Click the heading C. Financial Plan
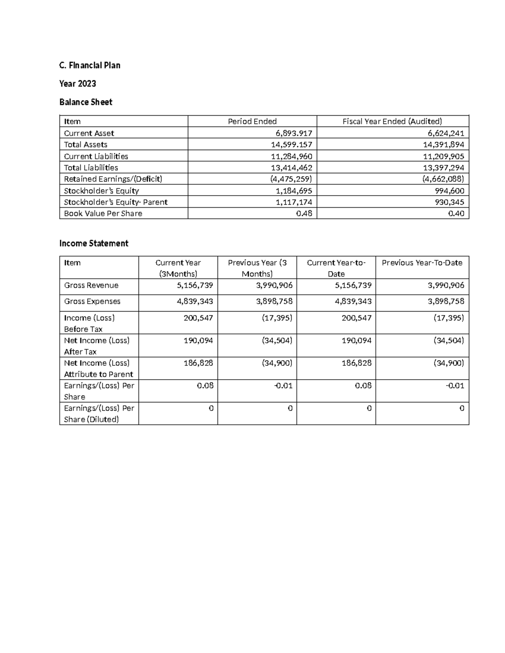[90, 65]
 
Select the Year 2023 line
[77, 84]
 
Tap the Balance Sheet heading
[86, 102]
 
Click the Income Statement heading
[93, 243]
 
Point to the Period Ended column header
[252, 122]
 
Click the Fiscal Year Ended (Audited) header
[392, 122]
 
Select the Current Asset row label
[89, 133]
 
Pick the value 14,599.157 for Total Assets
[291, 145]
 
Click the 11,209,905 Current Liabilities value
[444, 156]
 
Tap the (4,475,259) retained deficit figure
[291, 179]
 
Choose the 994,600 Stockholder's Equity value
[450, 190]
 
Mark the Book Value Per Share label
[103, 214]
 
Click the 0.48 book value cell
[304, 214]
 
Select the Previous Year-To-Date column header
[422, 263]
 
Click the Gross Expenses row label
[92, 301]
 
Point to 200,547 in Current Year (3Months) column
[198, 318]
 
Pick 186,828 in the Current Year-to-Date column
[356, 363]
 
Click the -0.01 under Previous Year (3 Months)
[283, 386]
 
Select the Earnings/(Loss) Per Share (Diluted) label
[98, 414]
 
